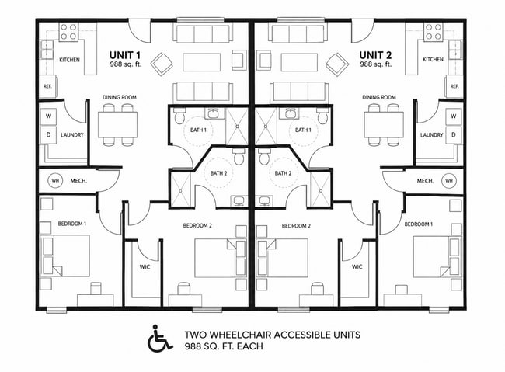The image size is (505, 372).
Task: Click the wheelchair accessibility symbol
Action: point(159,338)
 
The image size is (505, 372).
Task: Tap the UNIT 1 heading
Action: point(125,55)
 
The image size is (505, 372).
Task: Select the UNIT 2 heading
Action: point(375,55)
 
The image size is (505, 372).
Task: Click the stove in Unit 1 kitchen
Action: point(68,32)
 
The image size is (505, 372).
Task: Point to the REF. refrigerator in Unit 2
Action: point(454,86)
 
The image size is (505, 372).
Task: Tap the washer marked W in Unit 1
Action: point(49,116)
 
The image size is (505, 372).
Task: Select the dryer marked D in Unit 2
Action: point(454,134)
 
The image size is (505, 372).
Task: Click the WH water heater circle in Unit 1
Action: point(55,181)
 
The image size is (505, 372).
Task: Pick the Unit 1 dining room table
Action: point(118,124)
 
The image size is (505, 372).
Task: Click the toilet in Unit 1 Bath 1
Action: point(179,116)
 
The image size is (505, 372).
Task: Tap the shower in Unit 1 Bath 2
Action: point(180,189)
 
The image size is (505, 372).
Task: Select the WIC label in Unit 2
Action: point(357,266)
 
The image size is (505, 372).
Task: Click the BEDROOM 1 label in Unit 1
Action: point(72,224)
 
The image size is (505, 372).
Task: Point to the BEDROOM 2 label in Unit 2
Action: point(296,226)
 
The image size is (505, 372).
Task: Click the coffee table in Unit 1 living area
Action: point(202,62)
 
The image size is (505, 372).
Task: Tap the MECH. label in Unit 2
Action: point(425,181)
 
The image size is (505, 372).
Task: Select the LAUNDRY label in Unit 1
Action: point(72,135)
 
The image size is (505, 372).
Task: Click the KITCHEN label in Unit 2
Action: point(433,59)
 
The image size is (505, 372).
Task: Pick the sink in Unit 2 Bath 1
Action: point(292,113)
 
